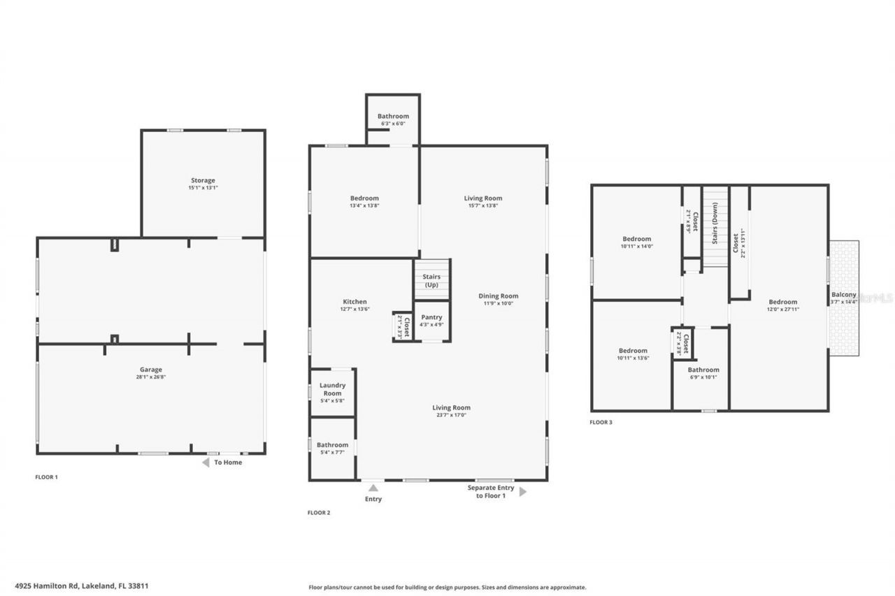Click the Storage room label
point(203,180)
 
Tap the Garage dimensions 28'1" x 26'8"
point(150,377)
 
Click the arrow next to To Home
point(206,463)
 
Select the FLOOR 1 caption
point(46,477)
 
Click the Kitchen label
point(355,302)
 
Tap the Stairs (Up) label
point(431,280)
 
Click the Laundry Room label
point(332,389)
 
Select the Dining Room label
point(499,296)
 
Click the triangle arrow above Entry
point(373,488)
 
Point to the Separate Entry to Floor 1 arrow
point(523,492)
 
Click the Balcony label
point(843,295)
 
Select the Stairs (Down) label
point(715,227)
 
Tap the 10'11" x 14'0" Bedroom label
point(636,239)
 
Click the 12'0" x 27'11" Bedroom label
point(782,302)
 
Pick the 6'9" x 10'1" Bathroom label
point(703,370)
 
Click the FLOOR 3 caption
point(601,422)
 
